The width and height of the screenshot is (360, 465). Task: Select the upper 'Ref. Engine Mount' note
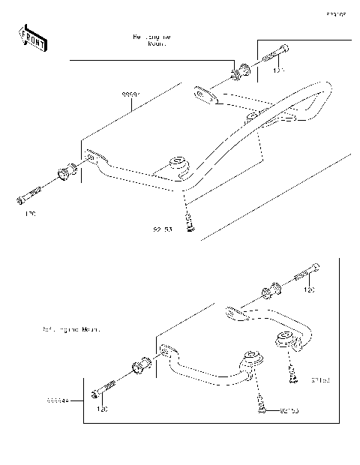click(152, 40)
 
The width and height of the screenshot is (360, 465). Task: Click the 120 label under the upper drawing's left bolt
click(31, 214)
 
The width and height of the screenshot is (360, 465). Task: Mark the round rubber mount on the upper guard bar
click(178, 164)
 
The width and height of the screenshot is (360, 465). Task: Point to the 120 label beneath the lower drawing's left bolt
click(102, 409)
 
